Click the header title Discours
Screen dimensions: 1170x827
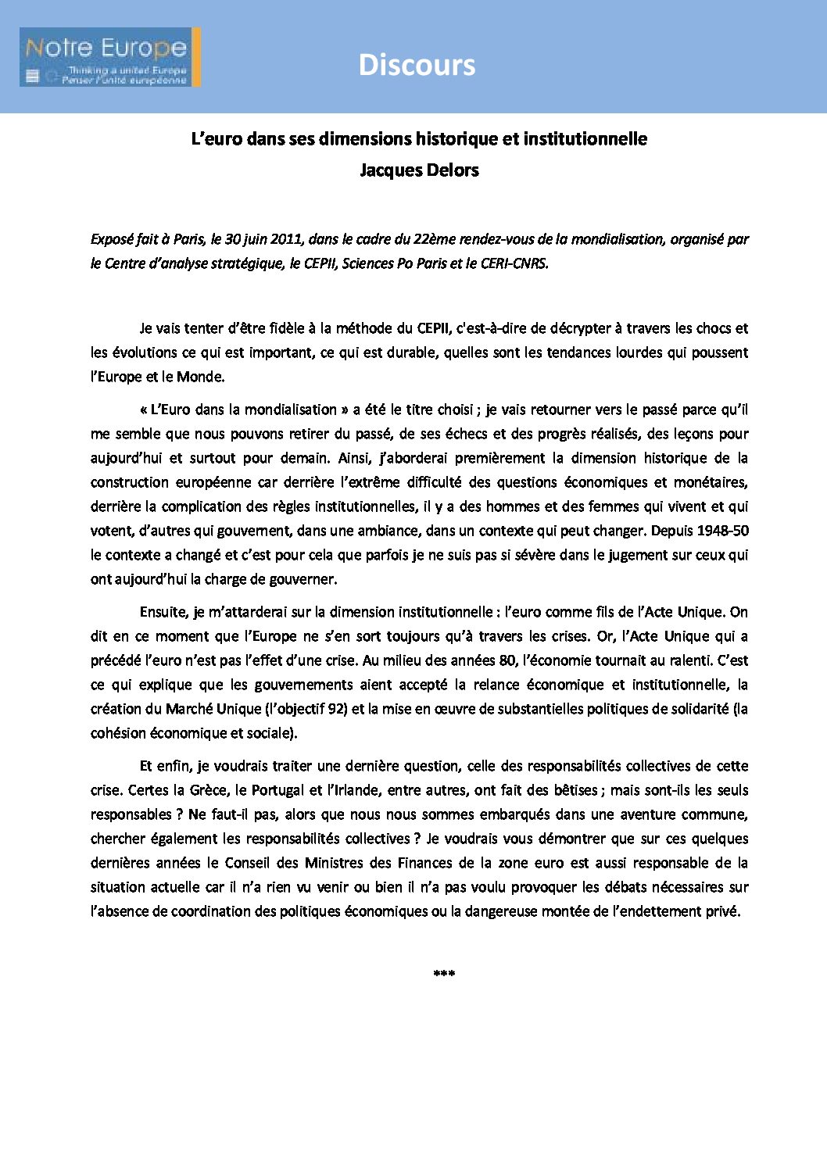417,65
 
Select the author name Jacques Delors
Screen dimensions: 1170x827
419,170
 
